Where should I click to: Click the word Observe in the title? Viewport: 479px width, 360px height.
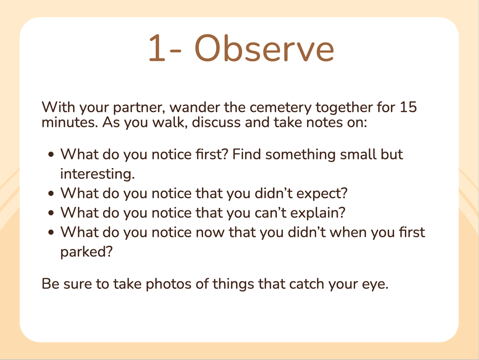coord(264,49)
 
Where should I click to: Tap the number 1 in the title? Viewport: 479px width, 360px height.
coord(157,49)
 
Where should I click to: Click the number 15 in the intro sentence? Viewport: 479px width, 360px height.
coord(408,107)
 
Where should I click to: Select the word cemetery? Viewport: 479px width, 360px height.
coord(281,108)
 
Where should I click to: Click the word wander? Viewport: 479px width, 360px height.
coord(195,107)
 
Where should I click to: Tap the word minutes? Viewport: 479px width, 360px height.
coord(70,122)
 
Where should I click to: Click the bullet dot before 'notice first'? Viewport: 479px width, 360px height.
coord(51,155)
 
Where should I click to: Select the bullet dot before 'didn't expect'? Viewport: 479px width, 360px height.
coord(51,194)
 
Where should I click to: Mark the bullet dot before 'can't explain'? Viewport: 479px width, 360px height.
coord(51,213)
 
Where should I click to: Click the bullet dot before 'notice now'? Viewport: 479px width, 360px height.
coord(51,232)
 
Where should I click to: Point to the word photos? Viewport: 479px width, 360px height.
coord(169,285)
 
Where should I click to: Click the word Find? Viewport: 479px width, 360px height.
coord(247,154)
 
